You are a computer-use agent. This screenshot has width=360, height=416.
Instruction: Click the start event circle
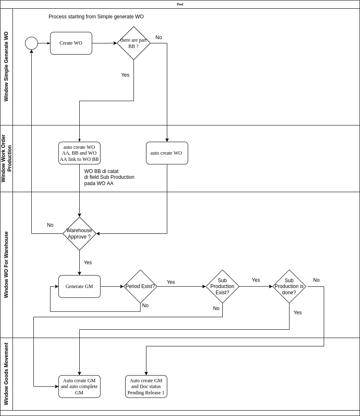[31, 43]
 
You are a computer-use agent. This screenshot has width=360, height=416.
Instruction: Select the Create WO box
[71, 43]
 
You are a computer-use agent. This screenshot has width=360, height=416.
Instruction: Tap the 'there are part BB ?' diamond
[133, 43]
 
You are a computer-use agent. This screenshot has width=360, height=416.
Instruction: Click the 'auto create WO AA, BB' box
[79, 153]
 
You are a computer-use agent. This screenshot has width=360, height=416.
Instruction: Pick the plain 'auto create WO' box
[167, 153]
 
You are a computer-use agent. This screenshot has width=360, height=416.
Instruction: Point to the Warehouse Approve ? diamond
[79, 233]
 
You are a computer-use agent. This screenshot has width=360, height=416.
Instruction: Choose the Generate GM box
[79, 286]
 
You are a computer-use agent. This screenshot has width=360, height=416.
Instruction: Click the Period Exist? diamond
[140, 286]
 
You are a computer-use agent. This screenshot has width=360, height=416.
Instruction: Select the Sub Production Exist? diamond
[222, 286]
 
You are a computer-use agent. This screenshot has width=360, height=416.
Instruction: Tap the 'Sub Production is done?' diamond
[289, 286]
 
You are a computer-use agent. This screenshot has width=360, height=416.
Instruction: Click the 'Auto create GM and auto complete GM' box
[79, 386]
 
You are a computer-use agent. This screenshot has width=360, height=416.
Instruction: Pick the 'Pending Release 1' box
[146, 386]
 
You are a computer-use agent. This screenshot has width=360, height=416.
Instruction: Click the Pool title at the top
[180, 4]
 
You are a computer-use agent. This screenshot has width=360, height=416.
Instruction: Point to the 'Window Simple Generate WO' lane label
[6, 67]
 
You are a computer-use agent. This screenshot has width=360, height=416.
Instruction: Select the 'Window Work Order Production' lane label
[6, 158]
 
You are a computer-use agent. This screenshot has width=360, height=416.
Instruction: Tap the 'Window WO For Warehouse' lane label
[6, 265]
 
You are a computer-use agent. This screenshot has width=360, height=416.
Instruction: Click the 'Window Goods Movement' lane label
[6, 374]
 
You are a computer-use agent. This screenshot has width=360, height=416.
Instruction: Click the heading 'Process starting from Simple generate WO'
[96, 17]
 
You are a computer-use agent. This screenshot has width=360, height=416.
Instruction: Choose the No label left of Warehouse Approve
[50, 225]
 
